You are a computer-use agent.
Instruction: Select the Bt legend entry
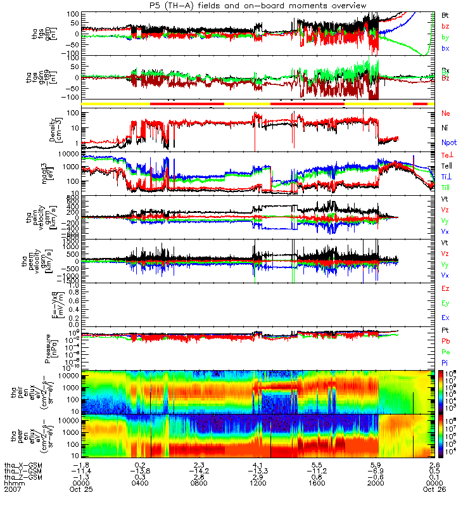[446, 14]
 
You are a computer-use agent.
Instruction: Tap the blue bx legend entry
[446, 48]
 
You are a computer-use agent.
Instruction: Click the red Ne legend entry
[446, 113]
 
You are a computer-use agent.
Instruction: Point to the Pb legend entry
[446, 341]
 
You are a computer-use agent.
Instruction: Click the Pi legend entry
[446, 362]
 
